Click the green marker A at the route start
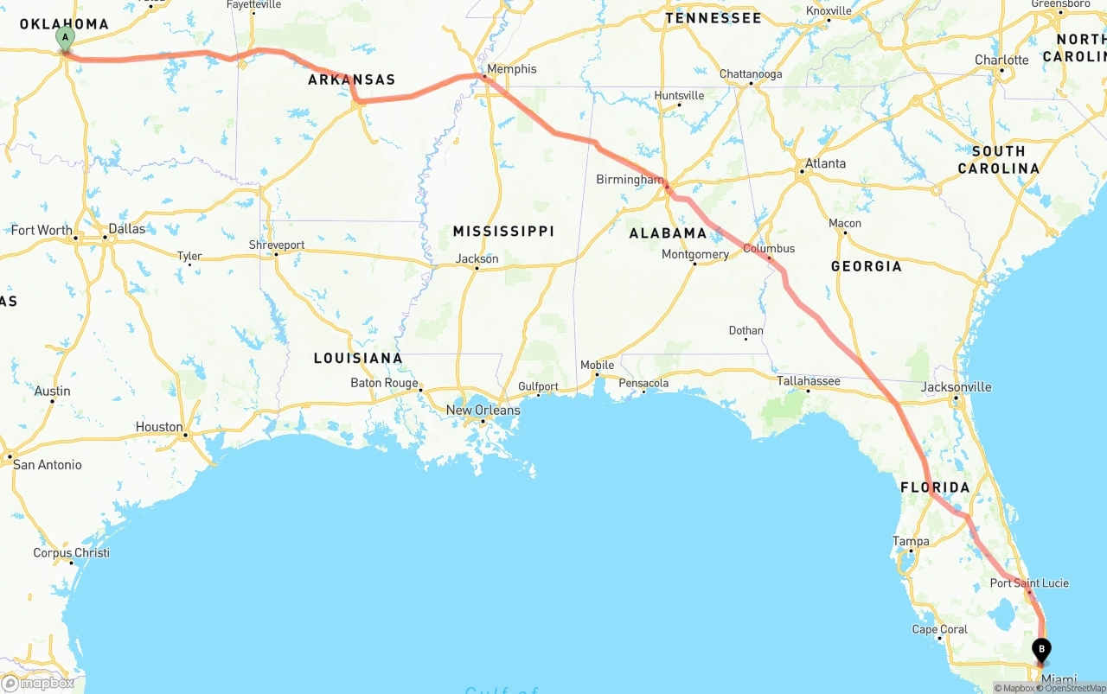[x=65, y=38]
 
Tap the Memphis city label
[x=511, y=69]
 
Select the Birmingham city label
[x=629, y=180]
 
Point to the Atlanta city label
[x=825, y=163]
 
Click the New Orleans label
[x=483, y=410]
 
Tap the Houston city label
[x=159, y=427]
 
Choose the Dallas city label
[x=126, y=229]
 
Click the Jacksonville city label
[x=956, y=386]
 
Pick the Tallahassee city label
[x=808, y=380]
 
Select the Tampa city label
[x=911, y=542]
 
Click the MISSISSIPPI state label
[x=503, y=232]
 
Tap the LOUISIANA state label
[x=358, y=358]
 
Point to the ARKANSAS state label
[x=352, y=80]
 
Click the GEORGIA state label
[x=866, y=266]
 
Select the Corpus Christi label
[x=71, y=553]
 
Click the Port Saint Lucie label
[x=1029, y=583]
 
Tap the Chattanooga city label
[x=751, y=74]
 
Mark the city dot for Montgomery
[x=694, y=264]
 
